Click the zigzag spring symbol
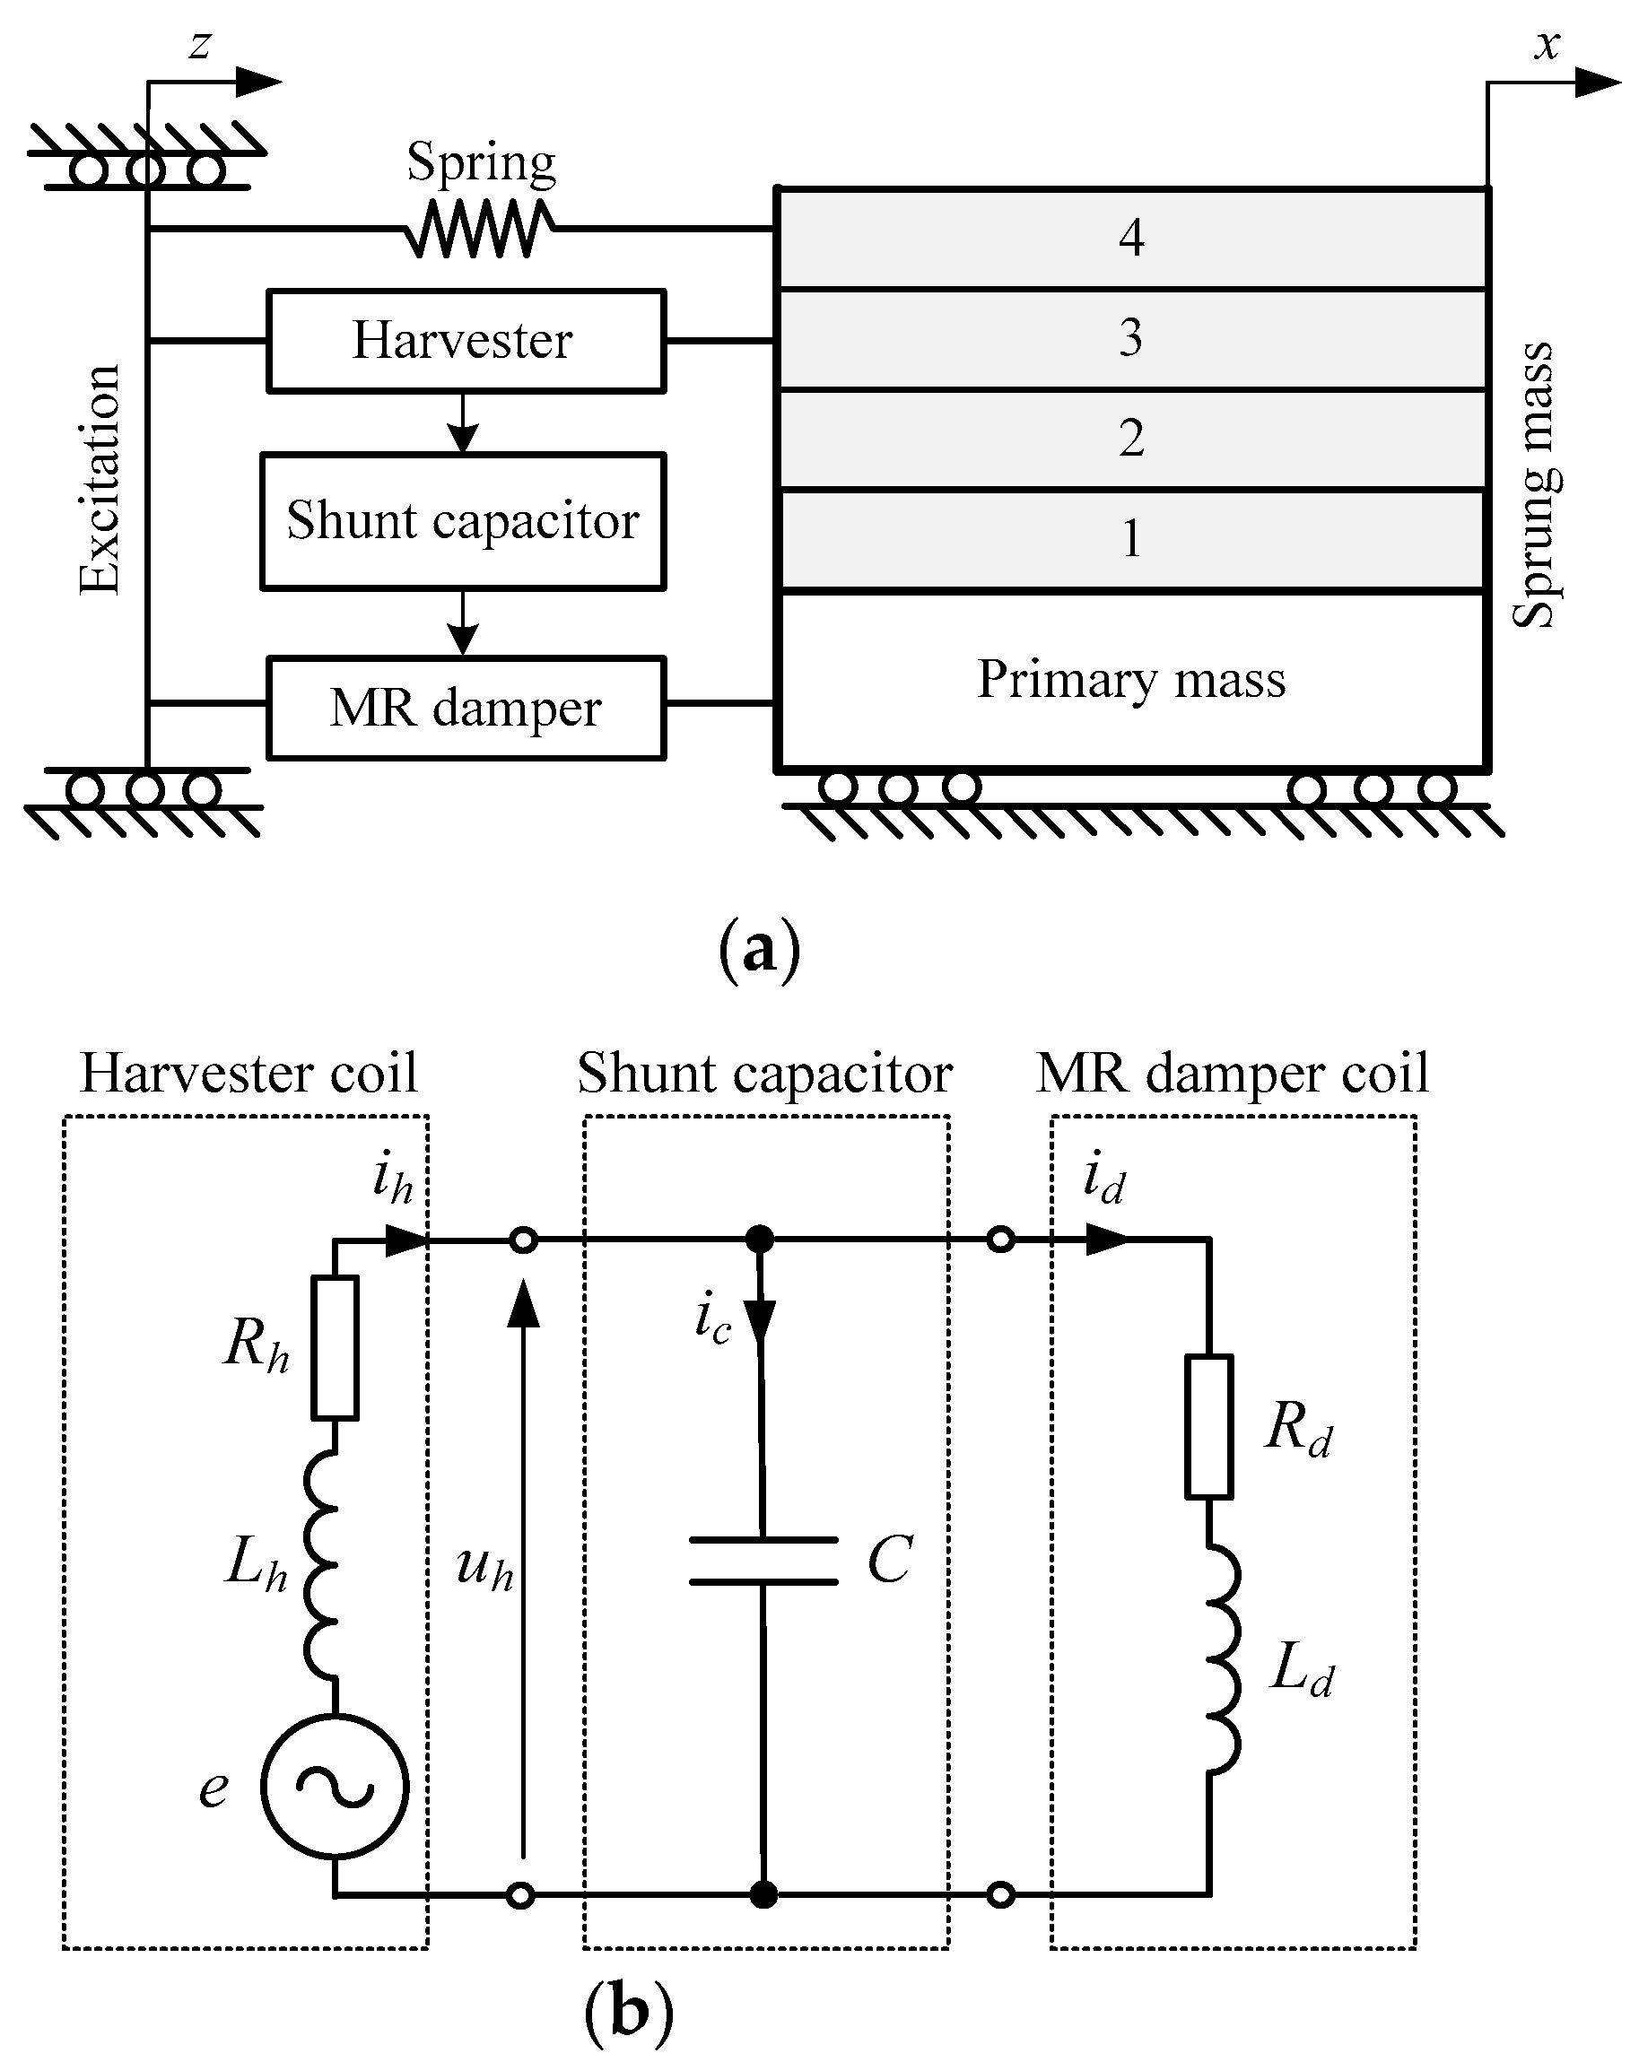(x=480, y=230)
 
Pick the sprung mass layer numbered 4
(x=1132, y=238)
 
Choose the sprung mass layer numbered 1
(x=1132, y=539)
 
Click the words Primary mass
(x=1131, y=680)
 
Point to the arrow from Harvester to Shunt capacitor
(x=464, y=422)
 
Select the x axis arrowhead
(x=1599, y=83)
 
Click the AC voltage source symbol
(x=335, y=1786)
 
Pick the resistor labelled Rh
(x=335, y=1347)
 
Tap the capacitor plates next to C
(x=763, y=1561)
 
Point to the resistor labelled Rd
(x=1209, y=1426)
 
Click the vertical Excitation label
(x=100, y=480)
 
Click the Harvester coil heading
(x=248, y=1073)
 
